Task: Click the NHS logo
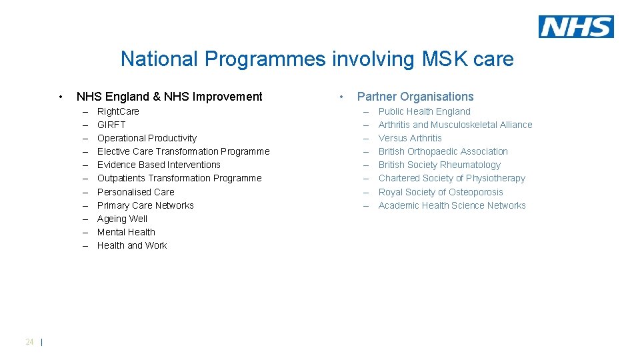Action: coord(576,27)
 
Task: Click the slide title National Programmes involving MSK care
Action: coord(317,59)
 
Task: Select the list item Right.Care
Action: coord(118,111)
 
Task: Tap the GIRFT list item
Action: coord(111,125)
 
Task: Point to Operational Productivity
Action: coord(147,138)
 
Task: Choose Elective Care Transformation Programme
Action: coord(183,151)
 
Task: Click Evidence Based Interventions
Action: coord(159,165)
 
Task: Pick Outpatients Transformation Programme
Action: coord(179,178)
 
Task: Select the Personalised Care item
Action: coord(135,192)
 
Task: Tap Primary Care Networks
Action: coord(145,205)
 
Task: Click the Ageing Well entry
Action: coord(122,219)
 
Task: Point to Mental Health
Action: coord(126,232)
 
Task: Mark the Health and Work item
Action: coord(132,245)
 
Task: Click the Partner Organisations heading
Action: coord(415,97)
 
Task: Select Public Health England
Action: coord(424,111)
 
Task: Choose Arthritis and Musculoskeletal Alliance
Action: coord(455,125)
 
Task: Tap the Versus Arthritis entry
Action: coord(410,138)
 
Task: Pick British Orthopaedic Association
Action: coord(443,151)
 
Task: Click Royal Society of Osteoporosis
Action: coord(441,192)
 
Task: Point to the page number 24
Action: coord(29,342)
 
